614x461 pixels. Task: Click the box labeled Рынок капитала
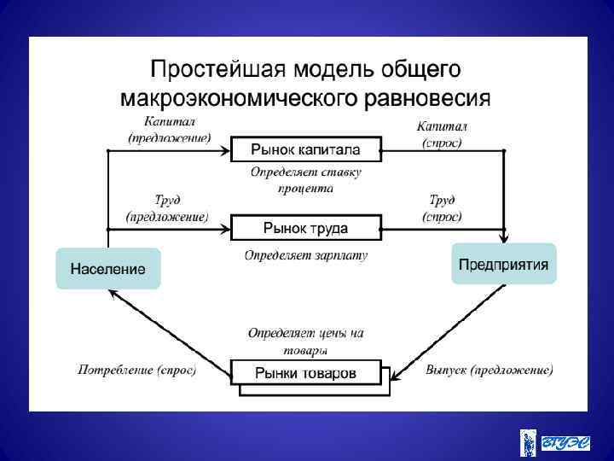click(305, 150)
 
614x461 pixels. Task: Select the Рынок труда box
click(305, 228)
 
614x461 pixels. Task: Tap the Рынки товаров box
click(305, 372)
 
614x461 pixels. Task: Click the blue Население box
click(107, 269)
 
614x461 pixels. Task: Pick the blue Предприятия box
click(503, 264)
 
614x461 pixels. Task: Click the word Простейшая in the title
click(217, 68)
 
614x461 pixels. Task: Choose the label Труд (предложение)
click(167, 208)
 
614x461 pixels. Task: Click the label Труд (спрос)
click(442, 208)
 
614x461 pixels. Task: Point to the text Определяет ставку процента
click(305, 180)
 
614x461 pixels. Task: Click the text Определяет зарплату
click(305, 255)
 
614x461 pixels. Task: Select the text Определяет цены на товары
click(305, 341)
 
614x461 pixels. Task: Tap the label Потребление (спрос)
click(137, 371)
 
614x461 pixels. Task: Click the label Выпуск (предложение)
click(489, 371)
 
